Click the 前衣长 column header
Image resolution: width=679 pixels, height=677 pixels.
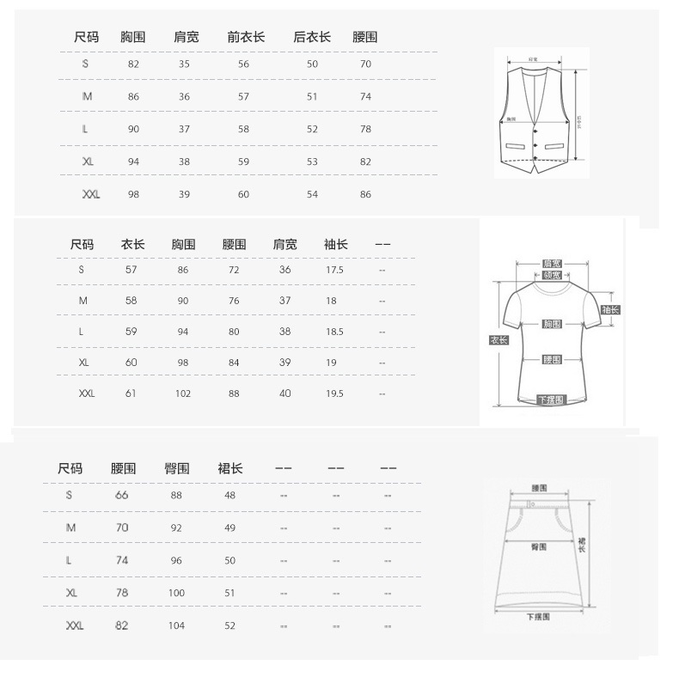(x=246, y=37)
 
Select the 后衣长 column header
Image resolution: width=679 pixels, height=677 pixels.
(x=312, y=37)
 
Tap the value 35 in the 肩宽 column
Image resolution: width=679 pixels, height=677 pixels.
(x=184, y=64)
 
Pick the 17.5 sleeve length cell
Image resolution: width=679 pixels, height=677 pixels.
(x=334, y=270)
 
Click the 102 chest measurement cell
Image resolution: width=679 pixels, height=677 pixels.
(x=182, y=393)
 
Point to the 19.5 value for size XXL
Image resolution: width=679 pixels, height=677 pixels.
(x=334, y=393)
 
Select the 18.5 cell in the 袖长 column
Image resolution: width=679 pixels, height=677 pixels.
(x=334, y=332)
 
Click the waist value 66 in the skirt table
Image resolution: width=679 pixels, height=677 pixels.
(x=121, y=497)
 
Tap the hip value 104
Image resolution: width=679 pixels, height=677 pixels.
(x=176, y=625)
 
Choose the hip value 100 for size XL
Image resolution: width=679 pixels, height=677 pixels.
(x=176, y=593)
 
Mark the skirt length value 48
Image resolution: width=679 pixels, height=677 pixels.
(x=229, y=497)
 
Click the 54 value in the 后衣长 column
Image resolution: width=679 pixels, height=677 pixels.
(x=312, y=195)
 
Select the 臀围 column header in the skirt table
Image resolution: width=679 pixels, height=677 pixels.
(x=177, y=468)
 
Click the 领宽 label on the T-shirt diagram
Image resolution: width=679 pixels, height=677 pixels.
(x=552, y=276)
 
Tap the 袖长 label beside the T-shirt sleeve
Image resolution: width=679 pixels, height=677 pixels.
(x=610, y=310)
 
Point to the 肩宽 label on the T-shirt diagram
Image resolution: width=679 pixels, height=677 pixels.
(x=552, y=264)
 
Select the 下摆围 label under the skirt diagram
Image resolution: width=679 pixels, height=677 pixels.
(x=539, y=617)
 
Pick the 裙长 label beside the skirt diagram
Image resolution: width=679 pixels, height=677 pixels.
(x=582, y=544)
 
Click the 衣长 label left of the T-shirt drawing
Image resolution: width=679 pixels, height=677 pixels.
(x=499, y=340)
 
